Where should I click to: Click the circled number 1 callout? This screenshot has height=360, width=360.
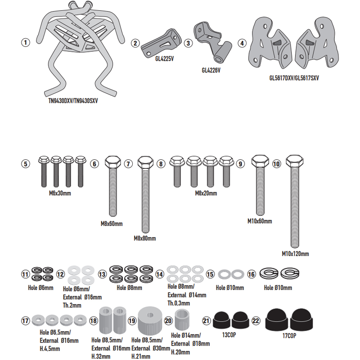pos(26,42)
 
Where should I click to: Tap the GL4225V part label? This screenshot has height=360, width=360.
pos(164,59)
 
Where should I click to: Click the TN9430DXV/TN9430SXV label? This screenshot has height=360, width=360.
pos(73,101)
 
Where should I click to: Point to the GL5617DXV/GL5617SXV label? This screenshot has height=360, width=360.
pos(294,78)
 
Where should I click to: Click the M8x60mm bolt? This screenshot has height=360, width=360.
pos(113,186)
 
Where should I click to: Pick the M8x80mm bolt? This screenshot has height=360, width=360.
pos(145,194)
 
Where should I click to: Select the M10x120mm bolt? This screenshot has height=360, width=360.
pos(295,201)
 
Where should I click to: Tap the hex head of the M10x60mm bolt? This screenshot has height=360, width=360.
pos(260,161)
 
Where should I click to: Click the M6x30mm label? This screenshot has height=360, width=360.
pos(60,193)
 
